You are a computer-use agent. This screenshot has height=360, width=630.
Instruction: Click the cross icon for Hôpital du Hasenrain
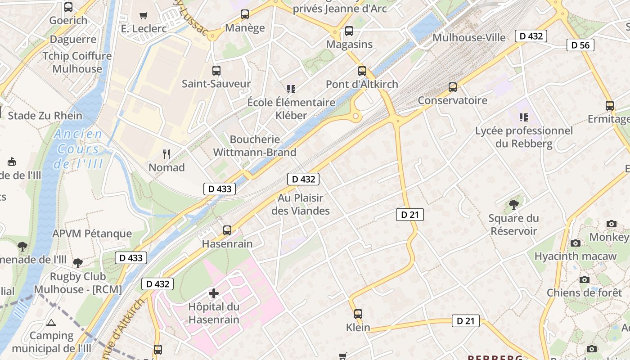pos(214,294)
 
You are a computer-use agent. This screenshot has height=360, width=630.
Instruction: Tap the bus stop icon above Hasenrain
pos(227,230)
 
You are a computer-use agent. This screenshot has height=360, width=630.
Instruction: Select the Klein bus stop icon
pos(358,314)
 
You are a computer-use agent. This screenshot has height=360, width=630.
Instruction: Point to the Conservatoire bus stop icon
pos(453,87)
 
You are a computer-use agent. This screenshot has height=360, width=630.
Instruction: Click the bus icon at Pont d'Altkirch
pos(362,71)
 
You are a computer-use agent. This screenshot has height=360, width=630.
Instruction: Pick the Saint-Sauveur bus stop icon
pos(216,71)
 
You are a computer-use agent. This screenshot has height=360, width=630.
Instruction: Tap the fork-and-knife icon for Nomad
pos(167,154)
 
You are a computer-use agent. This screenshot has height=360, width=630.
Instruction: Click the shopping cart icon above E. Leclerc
pos(144,16)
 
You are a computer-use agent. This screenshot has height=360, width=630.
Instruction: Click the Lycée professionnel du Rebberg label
pos(524,137)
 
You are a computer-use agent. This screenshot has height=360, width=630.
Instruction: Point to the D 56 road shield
pos(580,45)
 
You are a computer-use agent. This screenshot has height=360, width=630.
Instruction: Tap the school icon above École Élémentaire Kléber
pos(291,89)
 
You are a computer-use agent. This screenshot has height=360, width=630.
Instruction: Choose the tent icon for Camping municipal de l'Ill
pos(51,323)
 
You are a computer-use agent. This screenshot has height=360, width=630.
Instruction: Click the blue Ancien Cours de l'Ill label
pos(78,149)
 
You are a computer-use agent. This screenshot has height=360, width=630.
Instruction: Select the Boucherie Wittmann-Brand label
pos(255,146)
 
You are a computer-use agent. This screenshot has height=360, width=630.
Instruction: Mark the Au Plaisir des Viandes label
pos(301,204)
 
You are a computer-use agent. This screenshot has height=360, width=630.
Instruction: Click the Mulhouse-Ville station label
pos(469,37)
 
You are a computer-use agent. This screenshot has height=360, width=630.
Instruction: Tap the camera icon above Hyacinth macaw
pos(575,243)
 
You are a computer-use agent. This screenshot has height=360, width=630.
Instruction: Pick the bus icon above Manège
pos(245,14)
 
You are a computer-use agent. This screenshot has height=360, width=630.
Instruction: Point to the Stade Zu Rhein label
pos(45,116)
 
